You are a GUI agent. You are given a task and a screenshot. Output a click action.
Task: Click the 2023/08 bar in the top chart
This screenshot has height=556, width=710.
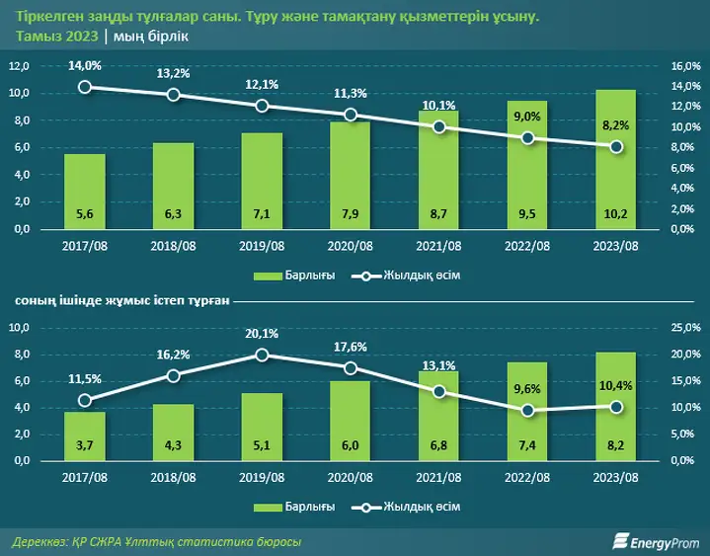tap(616, 159)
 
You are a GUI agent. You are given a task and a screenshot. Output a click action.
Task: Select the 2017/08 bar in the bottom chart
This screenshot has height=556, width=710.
tap(85, 437)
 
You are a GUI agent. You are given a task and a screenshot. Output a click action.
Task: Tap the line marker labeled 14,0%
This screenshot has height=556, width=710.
tap(85, 87)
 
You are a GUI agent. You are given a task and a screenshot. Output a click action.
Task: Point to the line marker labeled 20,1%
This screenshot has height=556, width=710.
tap(262, 355)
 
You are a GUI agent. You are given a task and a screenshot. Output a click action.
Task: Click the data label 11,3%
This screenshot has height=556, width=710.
tap(351, 94)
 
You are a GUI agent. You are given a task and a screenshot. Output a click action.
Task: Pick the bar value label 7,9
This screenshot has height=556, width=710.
tap(351, 213)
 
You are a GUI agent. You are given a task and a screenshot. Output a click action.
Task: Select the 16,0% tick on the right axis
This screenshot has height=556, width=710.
tap(685, 66)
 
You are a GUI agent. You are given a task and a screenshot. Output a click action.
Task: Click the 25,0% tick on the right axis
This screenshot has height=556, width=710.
tap(685, 327)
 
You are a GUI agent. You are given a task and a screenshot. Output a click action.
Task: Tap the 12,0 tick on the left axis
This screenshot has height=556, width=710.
tap(19, 66)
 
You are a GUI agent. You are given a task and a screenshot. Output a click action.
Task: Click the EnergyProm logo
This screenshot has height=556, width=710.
tap(656, 541)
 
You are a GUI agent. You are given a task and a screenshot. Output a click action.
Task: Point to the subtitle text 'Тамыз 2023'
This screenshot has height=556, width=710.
tap(57, 37)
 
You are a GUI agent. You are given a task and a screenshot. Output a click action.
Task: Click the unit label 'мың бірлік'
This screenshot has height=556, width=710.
tap(151, 37)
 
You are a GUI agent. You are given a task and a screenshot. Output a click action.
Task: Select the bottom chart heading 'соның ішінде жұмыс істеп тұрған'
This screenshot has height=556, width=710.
tap(122, 300)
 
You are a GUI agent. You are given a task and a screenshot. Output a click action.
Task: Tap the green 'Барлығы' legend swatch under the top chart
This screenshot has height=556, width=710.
tap(268, 276)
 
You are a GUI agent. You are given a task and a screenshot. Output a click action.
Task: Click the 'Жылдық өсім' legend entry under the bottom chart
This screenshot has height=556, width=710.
tap(406, 507)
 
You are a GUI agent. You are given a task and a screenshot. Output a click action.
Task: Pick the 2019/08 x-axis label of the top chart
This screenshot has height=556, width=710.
tap(262, 246)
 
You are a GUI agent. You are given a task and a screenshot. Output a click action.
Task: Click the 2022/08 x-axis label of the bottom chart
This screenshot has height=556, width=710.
tap(527, 477)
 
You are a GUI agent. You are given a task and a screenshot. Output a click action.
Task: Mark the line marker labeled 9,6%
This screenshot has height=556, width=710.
tap(527, 411)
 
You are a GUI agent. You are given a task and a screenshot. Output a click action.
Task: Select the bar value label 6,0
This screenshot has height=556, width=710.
tap(351, 445)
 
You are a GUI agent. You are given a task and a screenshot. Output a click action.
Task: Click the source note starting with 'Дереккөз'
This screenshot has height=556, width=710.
tap(157, 541)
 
